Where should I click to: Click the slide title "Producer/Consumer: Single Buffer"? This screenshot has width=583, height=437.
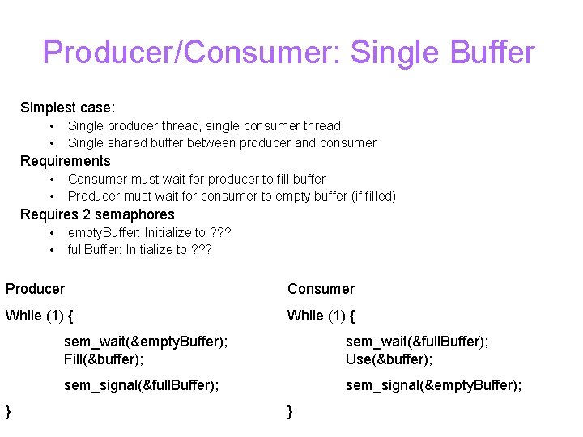point(289,53)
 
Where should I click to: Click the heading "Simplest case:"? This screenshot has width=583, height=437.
point(68,108)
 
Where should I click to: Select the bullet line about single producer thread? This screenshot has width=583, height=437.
point(204,125)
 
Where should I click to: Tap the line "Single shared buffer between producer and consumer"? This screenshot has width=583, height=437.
point(222,143)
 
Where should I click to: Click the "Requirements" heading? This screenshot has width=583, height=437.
point(66,161)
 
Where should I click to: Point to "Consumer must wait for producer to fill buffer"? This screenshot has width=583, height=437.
point(197,179)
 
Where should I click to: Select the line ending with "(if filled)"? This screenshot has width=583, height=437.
point(232,197)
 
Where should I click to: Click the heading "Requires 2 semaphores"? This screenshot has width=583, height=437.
point(97,214)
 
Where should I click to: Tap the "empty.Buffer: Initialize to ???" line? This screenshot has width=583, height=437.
point(150,232)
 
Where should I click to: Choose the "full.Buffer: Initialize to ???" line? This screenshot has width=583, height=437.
point(139,250)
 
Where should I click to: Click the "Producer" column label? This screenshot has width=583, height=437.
point(36,289)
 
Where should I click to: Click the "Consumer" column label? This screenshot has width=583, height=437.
point(321,289)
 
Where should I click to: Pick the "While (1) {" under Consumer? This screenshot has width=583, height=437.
point(321,316)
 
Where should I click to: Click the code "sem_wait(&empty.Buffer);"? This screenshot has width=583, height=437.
point(146,342)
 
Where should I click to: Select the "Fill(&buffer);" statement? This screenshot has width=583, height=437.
point(104,359)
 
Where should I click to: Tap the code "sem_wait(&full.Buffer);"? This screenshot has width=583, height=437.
point(417,342)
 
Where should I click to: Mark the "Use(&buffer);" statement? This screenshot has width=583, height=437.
point(389,359)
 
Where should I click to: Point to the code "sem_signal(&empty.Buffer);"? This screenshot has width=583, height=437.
point(434,385)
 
